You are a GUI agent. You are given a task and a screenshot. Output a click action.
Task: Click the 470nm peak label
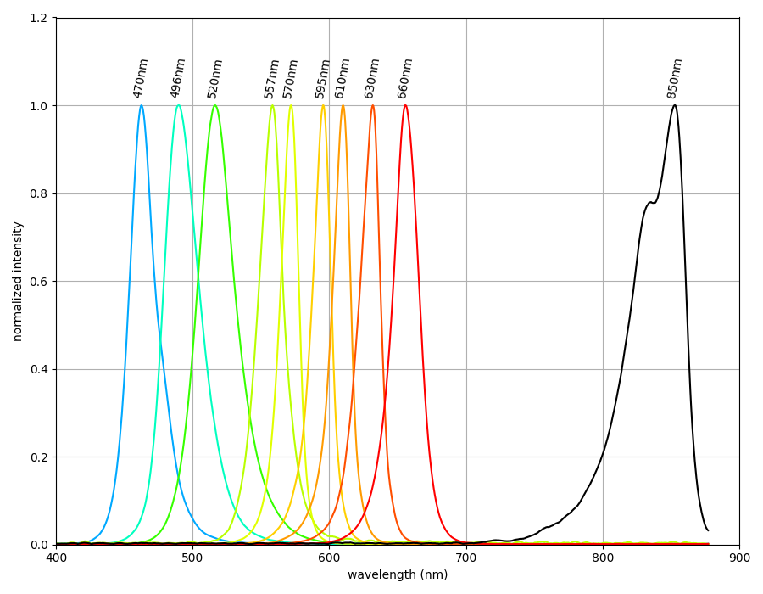141,78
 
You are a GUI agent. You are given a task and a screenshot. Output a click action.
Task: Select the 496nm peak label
178,78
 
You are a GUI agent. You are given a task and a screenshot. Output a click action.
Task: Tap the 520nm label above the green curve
215,78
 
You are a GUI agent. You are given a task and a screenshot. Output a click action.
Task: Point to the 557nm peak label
271,78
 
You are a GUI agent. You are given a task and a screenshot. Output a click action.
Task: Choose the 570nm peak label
291,78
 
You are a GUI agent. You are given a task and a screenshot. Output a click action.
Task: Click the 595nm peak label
323,78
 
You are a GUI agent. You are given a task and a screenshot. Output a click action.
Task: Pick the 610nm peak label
343,78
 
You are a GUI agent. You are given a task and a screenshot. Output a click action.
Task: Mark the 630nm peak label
372,78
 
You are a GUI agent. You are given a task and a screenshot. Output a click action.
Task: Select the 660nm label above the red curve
405,78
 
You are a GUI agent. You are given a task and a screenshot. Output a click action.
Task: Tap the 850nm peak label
675,78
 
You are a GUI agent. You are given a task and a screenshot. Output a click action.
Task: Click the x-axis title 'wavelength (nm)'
398,575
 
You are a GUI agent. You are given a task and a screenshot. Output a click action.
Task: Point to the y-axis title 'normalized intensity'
18,281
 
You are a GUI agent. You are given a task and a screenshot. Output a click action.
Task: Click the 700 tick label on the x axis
466,558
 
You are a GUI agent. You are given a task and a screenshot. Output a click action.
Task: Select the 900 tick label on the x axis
739,558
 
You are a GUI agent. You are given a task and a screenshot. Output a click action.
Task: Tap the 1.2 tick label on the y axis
37,18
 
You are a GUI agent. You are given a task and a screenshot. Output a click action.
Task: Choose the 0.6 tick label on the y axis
37,282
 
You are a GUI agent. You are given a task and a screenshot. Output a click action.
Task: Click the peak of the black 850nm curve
674,105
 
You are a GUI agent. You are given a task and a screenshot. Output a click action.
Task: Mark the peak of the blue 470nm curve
141,106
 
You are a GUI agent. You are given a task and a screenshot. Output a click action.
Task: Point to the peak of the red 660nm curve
405,105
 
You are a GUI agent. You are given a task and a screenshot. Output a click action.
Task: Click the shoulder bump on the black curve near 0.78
650,203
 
